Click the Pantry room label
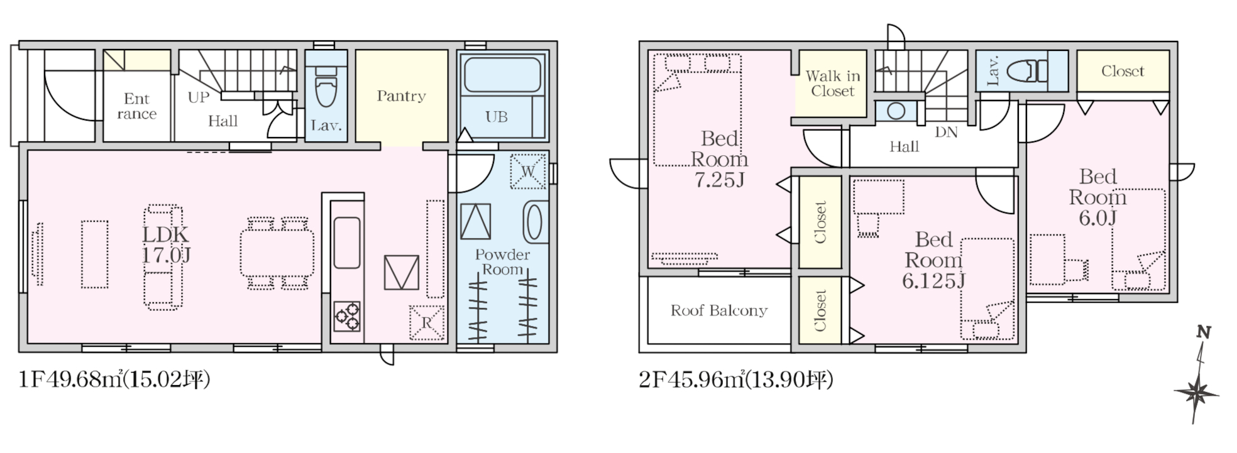point(401,96)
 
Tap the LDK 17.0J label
point(166,244)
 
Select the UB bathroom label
point(496,117)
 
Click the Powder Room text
point(502,262)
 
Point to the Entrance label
point(136,106)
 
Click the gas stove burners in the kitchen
point(347,316)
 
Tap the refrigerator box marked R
point(427,323)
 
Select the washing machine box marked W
point(528,172)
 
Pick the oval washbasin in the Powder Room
point(534,221)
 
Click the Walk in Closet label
point(832,84)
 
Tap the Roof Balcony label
point(718,310)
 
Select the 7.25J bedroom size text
point(719,180)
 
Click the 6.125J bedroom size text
point(933,281)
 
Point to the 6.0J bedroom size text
point(1097,218)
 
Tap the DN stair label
point(946,133)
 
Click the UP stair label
point(199,97)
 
